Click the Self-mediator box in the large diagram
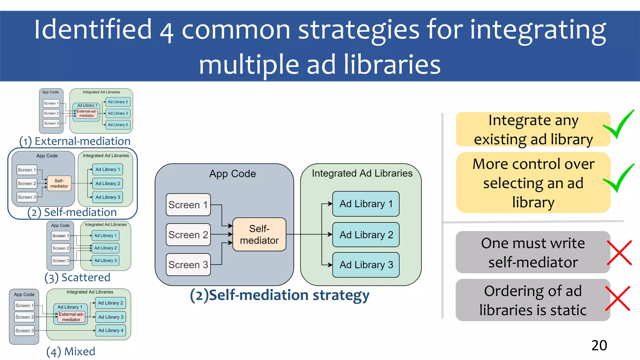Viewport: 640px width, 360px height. point(259,234)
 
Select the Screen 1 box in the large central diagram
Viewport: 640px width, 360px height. point(188,205)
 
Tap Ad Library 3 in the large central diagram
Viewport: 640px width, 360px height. point(366,265)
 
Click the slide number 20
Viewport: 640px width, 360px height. point(599,345)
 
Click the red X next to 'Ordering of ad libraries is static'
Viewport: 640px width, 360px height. point(618,298)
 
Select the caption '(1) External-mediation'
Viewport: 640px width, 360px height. point(75,141)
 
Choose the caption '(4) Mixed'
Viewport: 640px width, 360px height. point(71,352)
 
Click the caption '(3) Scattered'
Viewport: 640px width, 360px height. point(77,277)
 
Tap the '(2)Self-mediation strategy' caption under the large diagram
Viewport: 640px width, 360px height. point(280,295)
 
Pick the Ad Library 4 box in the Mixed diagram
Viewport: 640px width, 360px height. point(110,330)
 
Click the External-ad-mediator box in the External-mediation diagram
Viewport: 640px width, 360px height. point(87,113)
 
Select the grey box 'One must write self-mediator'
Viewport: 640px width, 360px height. point(532,252)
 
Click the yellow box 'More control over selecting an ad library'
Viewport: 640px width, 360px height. point(533,183)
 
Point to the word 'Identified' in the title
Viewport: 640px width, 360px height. point(93,29)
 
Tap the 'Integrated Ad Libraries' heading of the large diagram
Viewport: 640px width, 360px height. point(362,173)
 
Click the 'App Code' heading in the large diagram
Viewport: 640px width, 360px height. point(232,174)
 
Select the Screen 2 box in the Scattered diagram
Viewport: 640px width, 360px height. point(61,248)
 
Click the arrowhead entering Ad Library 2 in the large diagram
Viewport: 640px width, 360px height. point(330,234)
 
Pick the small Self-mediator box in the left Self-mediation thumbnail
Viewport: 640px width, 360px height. point(59,183)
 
